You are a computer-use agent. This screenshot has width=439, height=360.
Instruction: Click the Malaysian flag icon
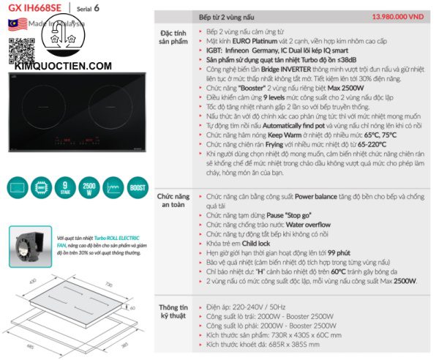click(x=13, y=23)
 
